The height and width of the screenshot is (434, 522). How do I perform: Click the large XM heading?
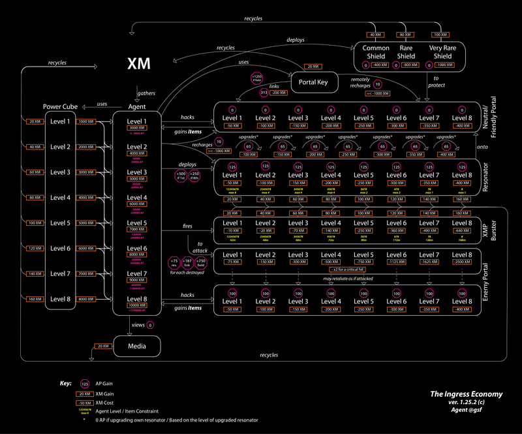coord(139,63)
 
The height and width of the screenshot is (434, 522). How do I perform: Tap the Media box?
coord(137,346)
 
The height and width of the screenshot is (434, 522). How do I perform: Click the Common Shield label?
coord(376,52)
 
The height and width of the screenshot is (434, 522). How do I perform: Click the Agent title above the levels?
coord(137,106)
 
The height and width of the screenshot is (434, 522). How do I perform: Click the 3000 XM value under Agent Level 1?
coord(137,129)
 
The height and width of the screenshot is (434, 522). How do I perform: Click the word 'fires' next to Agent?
coord(187,226)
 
